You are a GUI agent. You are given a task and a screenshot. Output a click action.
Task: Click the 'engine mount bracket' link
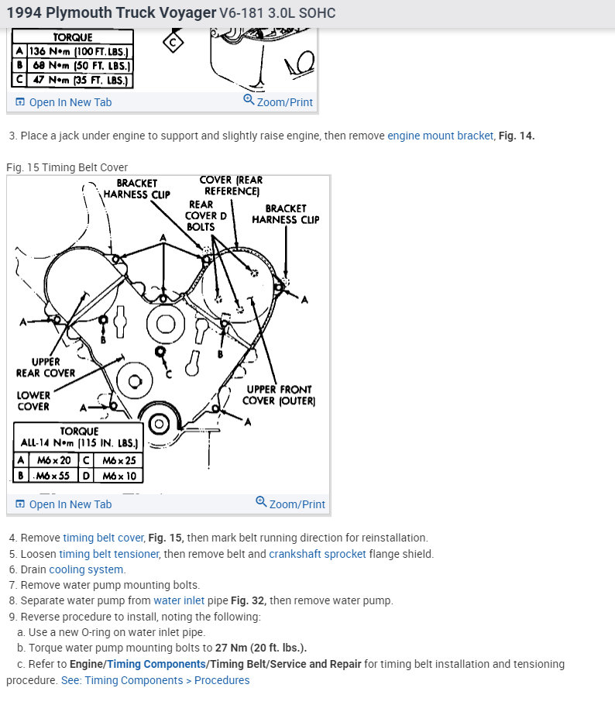click(x=440, y=136)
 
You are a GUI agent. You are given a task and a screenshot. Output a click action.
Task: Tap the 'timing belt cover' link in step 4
click(x=103, y=538)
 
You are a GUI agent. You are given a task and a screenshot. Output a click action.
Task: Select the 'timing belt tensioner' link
click(x=108, y=554)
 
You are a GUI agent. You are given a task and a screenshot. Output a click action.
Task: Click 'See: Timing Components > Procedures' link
click(x=155, y=680)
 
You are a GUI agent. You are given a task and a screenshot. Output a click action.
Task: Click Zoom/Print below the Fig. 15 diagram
click(x=290, y=504)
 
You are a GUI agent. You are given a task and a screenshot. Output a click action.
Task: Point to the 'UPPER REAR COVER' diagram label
click(x=46, y=367)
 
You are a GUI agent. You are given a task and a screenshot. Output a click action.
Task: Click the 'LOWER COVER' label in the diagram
click(x=33, y=401)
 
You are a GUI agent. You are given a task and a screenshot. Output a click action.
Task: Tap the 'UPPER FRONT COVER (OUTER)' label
click(x=279, y=394)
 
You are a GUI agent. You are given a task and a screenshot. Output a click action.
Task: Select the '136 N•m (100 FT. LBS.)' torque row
click(x=79, y=52)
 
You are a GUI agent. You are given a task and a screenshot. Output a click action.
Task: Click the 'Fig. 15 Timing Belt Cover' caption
click(x=67, y=167)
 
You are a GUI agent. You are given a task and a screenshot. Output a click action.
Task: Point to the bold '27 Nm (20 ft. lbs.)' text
click(x=256, y=648)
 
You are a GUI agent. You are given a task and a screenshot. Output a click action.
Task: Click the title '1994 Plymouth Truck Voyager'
click(x=111, y=13)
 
